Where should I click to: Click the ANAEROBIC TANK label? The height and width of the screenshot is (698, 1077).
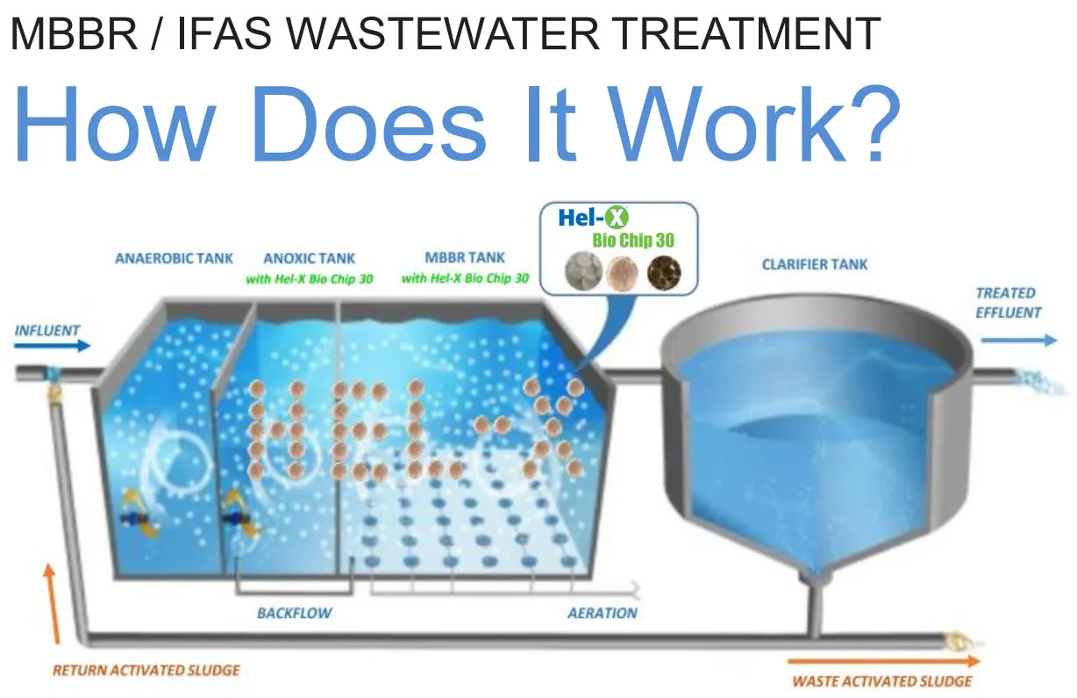pyautogui.click(x=174, y=258)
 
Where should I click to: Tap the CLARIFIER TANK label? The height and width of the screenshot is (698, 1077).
pyautogui.click(x=815, y=264)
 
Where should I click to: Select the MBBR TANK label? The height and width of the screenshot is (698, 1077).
pyautogui.click(x=465, y=257)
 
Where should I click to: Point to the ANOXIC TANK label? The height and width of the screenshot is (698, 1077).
pyautogui.click(x=310, y=258)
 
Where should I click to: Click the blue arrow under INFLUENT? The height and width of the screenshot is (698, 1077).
pyautogui.click(x=52, y=346)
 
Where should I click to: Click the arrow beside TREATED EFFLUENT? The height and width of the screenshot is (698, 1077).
pyautogui.click(x=1019, y=341)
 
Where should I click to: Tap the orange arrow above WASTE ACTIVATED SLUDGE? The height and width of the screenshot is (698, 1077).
pyautogui.click(x=884, y=661)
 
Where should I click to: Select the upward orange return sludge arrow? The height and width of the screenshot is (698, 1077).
pyautogui.click(x=53, y=604)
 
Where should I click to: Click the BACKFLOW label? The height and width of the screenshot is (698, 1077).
pyautogui.click(x=295, y=613)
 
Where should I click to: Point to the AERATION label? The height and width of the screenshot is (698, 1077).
pyautogui.click(x=603, y=613)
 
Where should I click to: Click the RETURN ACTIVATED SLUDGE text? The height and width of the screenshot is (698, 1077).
pyautogui.click(x=146, y=670)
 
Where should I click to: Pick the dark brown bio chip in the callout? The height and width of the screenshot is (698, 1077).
pyautogui.click(x=664, y=273)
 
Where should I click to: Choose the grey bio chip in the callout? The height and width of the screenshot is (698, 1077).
pyautogui.click(x=584, y=271)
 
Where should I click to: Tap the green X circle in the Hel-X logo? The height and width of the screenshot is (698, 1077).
pyautogui.click(x=617, y=218)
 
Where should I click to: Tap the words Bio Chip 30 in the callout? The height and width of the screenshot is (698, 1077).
pyautogui.click(x=633, y=240)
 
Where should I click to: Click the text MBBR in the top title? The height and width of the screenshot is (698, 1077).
pyautogui.click(x=74, y=33)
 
